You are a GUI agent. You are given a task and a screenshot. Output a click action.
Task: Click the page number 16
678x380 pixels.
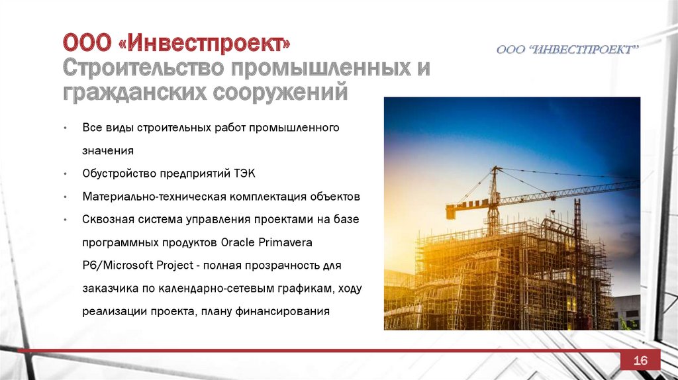(640, 360)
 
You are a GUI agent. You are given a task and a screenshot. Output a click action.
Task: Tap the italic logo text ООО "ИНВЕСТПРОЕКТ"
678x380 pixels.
(567, 50)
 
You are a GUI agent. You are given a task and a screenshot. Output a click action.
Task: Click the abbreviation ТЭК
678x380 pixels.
(245, 173)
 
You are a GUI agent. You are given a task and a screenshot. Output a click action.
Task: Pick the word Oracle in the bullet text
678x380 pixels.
(238, 242)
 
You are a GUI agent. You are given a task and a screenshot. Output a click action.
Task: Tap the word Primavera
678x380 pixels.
(285, 242)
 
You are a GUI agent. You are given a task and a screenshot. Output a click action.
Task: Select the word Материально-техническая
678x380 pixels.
(154, 196)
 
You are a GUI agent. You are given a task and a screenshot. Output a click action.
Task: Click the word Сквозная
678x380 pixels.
(108, 219)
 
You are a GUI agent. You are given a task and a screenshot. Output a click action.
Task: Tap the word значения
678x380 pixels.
(108, 151)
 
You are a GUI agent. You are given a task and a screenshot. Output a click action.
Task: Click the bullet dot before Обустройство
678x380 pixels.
(66, 174)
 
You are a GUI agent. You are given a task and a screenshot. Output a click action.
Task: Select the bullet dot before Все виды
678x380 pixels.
(66, 128)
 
